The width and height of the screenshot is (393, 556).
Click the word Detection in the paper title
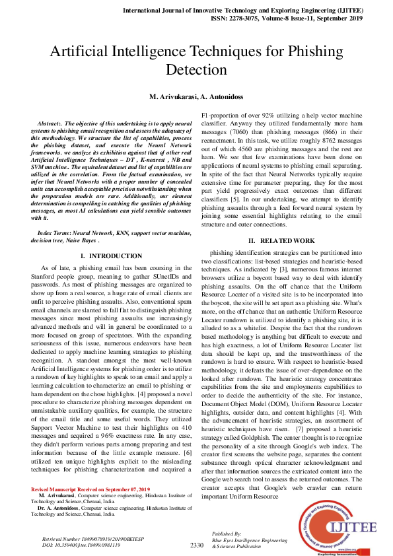(x=196, y=70)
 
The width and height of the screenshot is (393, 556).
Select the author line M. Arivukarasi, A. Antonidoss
(x=196, y=96)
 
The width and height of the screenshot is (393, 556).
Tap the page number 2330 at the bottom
(x=196, y=545)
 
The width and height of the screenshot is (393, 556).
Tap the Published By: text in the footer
(x=227, y=532)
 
